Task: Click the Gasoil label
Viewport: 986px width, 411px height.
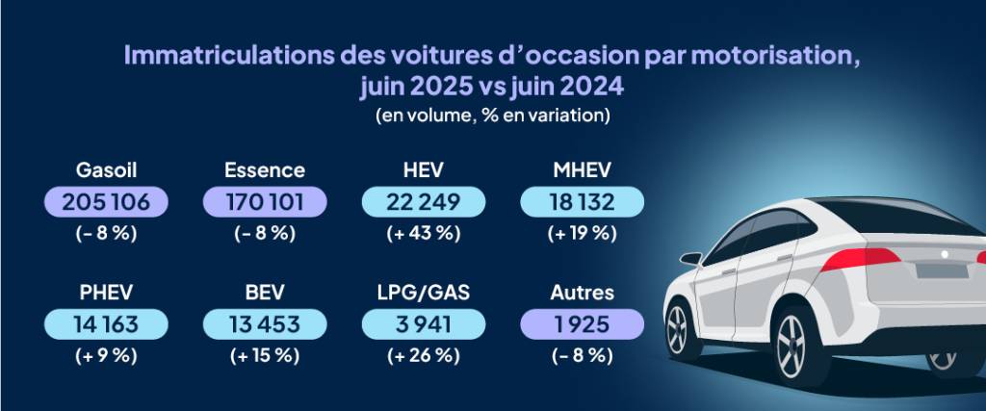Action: [x=107, y=170]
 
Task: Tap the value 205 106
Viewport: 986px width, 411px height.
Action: [x=107, y=202]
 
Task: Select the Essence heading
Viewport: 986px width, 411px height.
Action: [x=265, y=170]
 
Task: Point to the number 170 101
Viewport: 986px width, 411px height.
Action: [x=265, y=202]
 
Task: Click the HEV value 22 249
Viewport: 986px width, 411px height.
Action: [x=423, y=202]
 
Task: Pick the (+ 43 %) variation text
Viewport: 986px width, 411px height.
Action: [x=423, y=232]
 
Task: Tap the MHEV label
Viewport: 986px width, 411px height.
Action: [x=582, y=170]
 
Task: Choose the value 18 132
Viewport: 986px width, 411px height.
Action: [x=582, y=202]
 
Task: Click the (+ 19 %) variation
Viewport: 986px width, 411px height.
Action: [x=582, y=232]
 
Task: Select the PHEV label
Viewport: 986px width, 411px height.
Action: [x=107, y=293]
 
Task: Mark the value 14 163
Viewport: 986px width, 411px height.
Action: [x=107, y=324]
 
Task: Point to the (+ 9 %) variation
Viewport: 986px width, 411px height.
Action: [x=107, y=355]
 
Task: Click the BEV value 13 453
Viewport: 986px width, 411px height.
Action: [x=265, y=324]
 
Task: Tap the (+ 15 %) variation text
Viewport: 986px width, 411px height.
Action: [x=265, y=355]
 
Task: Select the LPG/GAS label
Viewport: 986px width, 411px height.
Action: [x=423, y=293]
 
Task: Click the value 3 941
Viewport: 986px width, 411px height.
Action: [x=423, y=324]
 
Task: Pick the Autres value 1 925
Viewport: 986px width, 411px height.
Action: [x=582, y=324]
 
